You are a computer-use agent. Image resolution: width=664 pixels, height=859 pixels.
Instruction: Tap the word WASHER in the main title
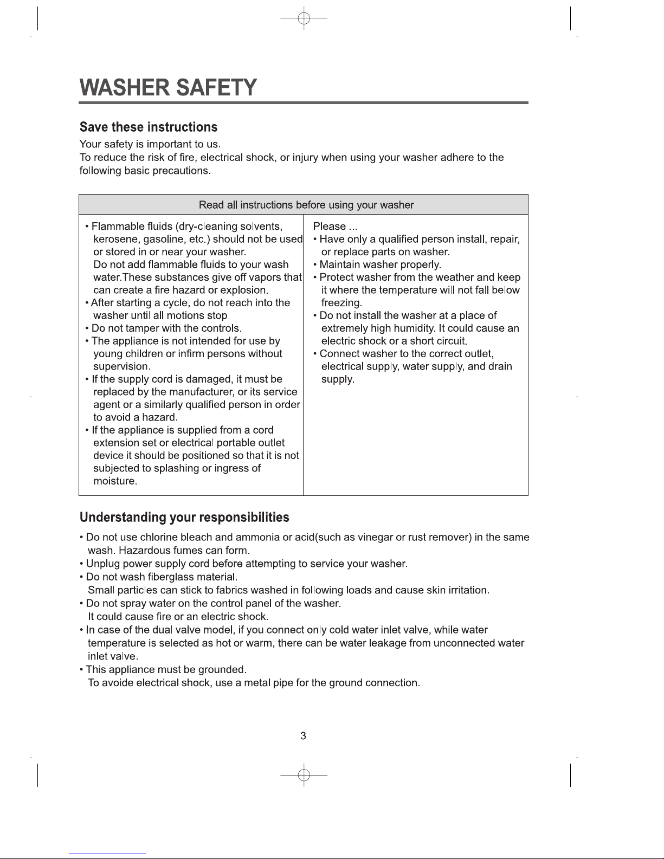point(124,87)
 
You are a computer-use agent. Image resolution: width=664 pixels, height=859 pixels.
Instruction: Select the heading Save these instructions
point(149,127)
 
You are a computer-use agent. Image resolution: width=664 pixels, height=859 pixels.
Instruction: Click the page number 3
point(304,736)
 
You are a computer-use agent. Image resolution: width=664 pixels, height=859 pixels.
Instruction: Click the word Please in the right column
point(329,227)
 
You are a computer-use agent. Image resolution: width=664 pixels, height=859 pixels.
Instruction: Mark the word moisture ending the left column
point(114,481)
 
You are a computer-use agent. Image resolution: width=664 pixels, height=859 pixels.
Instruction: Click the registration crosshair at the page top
point(304,18)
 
